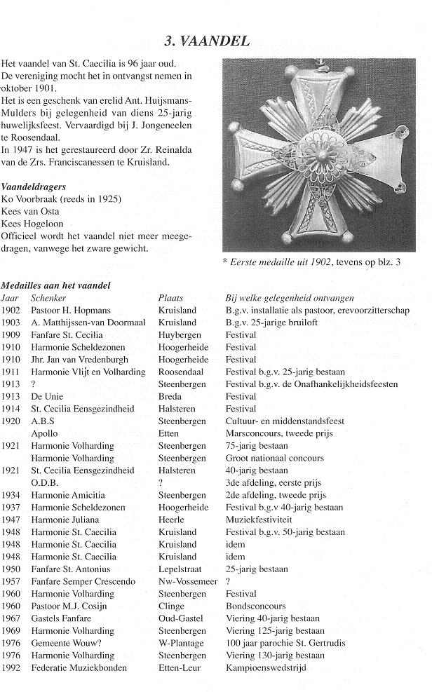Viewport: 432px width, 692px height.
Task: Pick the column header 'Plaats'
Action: pyautogui.click(x=170, y=298)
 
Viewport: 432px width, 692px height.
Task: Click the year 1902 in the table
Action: pyautogui.click(x=11, y=310)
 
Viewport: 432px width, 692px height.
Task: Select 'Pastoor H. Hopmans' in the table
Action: pyautogui.click(x=72, y=310)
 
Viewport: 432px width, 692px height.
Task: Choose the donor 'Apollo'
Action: pyautogui.click(x=45, y=433)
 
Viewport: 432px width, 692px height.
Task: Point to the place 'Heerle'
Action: pyautogui.click(x=171, y=520)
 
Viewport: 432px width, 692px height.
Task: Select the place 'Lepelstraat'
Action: pyautogui.click(x=182, y=569)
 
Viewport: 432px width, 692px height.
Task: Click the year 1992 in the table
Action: pyautogui.click(x=11, y=668)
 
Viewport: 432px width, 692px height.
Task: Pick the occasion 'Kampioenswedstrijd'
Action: pyautogui.click(x=266, y=668)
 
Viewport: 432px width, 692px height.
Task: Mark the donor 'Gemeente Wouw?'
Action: pyautogui.click(x=65, y=643)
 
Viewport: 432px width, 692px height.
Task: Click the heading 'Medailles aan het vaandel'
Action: pyautogui.click(x=55, y=285)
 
